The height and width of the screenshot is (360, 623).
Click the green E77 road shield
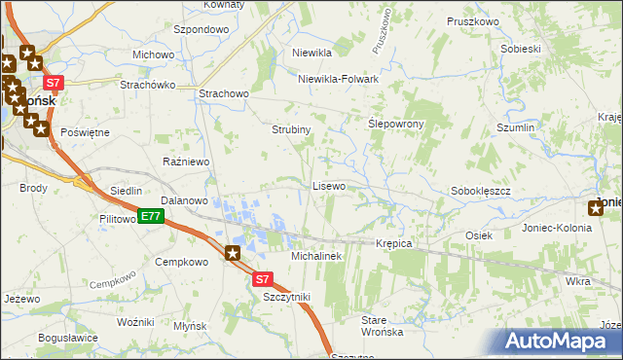[149, 216]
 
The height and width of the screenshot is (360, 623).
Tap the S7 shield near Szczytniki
[262, 279]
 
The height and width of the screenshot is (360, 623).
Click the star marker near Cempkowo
[233, 255]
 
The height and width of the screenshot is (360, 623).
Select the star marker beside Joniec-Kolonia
[596, 206]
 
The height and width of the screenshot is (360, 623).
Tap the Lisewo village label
[328, 185]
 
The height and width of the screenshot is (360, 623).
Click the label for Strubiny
[290, 129]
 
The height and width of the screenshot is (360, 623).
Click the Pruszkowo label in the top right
[472, 20]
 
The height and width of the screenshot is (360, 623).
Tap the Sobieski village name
[520, 48]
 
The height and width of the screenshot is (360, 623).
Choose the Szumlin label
[516, 127]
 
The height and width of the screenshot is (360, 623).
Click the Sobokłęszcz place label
[481, 192]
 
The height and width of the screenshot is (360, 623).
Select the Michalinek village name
[315, 255]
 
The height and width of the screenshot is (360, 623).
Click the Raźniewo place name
[187, 162]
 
